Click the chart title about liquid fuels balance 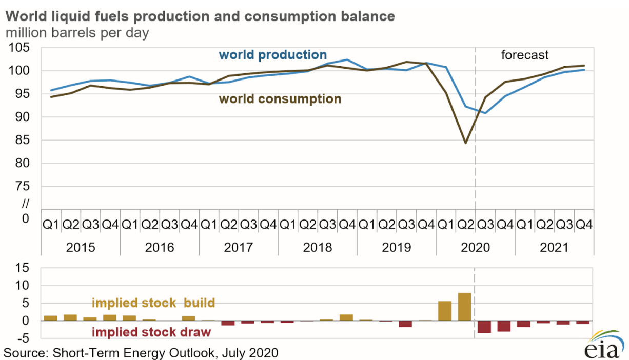coord(200,16)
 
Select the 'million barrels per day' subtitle coord(77,33)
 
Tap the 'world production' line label coord(272,55)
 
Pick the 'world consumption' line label coord(280,99)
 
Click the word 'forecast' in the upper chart coord(525,55)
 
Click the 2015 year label coord(81,248)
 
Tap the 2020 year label coord(476,248)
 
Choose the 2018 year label coord(318,248)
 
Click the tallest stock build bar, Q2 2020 coord(464,307)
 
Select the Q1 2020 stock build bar coord(444,311)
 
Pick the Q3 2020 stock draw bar coord(484,327)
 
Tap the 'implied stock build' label coord(153,303)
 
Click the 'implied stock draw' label coord(151,332)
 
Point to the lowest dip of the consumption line coord(465,143)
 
